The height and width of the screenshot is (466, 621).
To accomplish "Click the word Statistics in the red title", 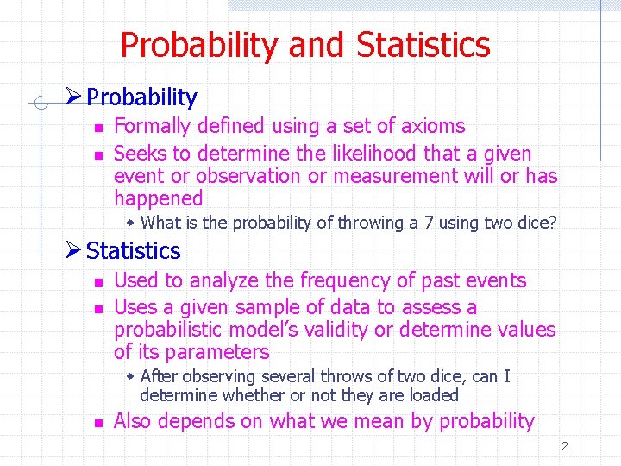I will (x=423, y=45).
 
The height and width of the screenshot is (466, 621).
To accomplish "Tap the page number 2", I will (x=565, y=447).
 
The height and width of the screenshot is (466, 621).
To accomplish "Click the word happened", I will (x=158, y=198).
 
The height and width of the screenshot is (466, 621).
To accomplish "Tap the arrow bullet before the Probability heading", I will (x=74, y=98).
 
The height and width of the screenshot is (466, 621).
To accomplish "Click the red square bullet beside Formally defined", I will (x=98, y=128).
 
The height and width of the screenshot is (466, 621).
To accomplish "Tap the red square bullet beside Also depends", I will (x=98, y=423).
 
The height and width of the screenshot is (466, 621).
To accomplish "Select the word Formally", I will (x=152, y=126).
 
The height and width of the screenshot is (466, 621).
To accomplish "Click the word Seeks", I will (x=140, y=154).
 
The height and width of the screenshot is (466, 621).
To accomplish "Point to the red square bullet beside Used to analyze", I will (x=98, y=282).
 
